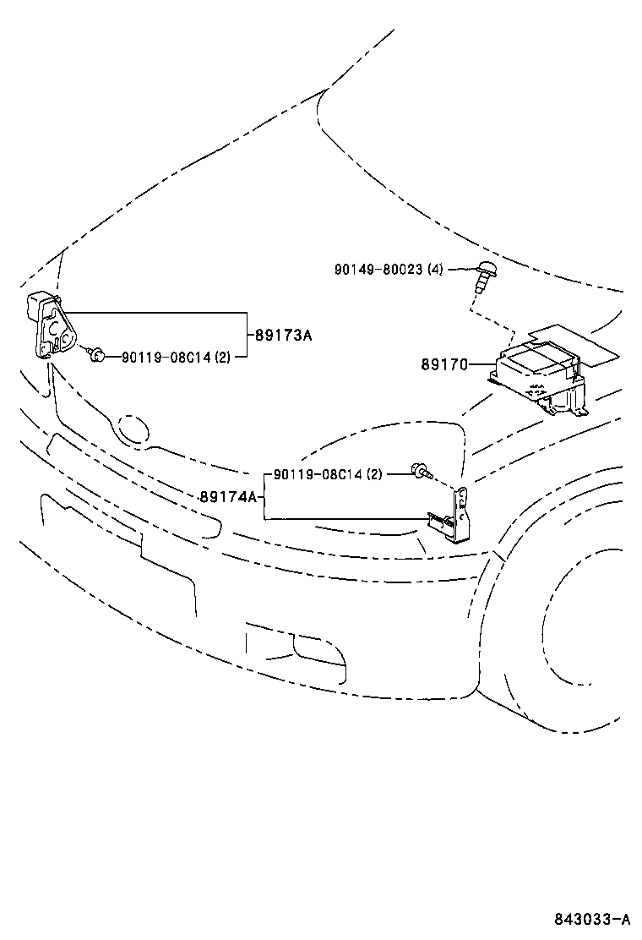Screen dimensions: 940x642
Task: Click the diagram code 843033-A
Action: (592, 919)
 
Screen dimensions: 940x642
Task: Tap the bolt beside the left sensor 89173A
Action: (96, 355)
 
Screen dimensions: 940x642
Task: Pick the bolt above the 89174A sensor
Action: (418, 470)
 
